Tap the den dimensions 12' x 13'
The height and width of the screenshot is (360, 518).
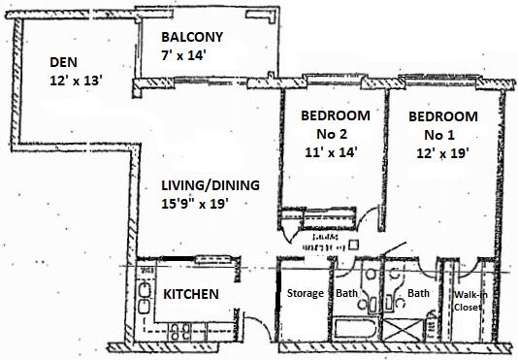(76, 82)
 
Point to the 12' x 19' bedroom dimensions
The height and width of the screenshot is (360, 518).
(441, 153)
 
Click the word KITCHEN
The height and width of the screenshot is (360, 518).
(190, 294)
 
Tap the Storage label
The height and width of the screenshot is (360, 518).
(306, 294)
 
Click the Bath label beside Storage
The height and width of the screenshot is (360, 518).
(347, 294)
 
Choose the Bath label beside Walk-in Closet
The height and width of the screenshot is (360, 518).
(419, 294)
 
